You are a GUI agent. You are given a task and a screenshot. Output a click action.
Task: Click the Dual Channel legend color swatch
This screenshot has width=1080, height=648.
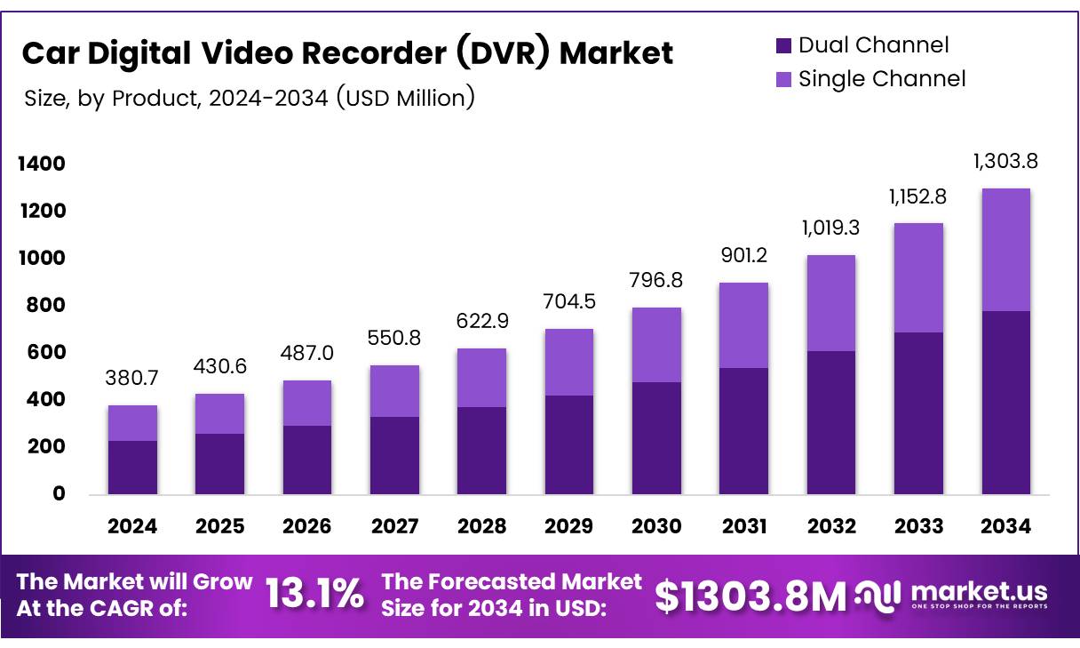(x=783, y=45)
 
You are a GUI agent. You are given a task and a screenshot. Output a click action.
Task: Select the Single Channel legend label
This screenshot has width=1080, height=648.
(x=881, y=79)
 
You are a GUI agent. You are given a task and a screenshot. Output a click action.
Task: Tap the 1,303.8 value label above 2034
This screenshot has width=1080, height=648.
(x=1005, y=162)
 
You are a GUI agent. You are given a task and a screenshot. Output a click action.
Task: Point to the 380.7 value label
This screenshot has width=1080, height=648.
(x=132, y=379)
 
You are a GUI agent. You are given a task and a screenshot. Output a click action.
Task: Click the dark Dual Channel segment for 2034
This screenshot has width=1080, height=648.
(x=1005, y=403)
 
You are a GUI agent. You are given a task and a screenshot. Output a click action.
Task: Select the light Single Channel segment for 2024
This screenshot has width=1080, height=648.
(x=132, y=423)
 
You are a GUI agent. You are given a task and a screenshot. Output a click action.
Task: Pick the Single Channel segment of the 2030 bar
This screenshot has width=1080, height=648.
(x=656, y=345)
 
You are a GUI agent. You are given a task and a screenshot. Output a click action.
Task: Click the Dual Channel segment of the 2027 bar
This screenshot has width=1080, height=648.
(x=394, y=455)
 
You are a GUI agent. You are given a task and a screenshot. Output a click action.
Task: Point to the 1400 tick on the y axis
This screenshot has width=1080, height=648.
(x=40, y=164)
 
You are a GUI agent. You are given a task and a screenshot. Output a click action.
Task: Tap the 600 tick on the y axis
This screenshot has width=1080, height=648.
(x=46, y=353)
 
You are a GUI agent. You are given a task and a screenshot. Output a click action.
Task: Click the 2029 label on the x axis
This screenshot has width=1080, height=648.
(x=569, y=526)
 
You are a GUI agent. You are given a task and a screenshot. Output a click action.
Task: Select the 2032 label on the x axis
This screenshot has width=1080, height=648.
(x=831, y=526)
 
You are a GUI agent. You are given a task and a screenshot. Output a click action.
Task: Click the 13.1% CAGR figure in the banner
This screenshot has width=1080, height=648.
(x=314, y=595)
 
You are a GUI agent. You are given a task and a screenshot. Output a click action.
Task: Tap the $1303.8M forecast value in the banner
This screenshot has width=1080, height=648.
(x=750, y=596)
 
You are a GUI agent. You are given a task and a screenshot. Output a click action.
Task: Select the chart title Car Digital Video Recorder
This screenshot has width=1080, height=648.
(x=347, y=53)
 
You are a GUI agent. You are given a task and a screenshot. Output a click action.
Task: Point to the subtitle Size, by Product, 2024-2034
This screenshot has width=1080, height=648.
(x=250, y=98)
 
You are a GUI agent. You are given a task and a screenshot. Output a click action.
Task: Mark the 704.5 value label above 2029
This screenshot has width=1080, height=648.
(x=569, y=301)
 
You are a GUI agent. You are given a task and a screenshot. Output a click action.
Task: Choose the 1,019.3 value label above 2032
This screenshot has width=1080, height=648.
(x=831, y=228)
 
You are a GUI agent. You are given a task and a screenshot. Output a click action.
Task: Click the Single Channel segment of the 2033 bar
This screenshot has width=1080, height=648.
(x=918, y=278)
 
